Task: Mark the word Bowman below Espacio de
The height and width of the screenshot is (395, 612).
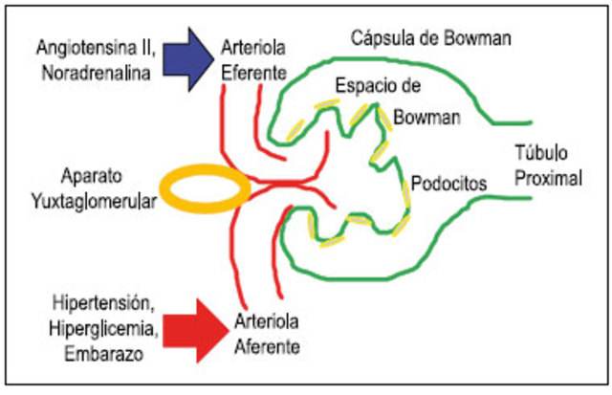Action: point(426,119)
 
